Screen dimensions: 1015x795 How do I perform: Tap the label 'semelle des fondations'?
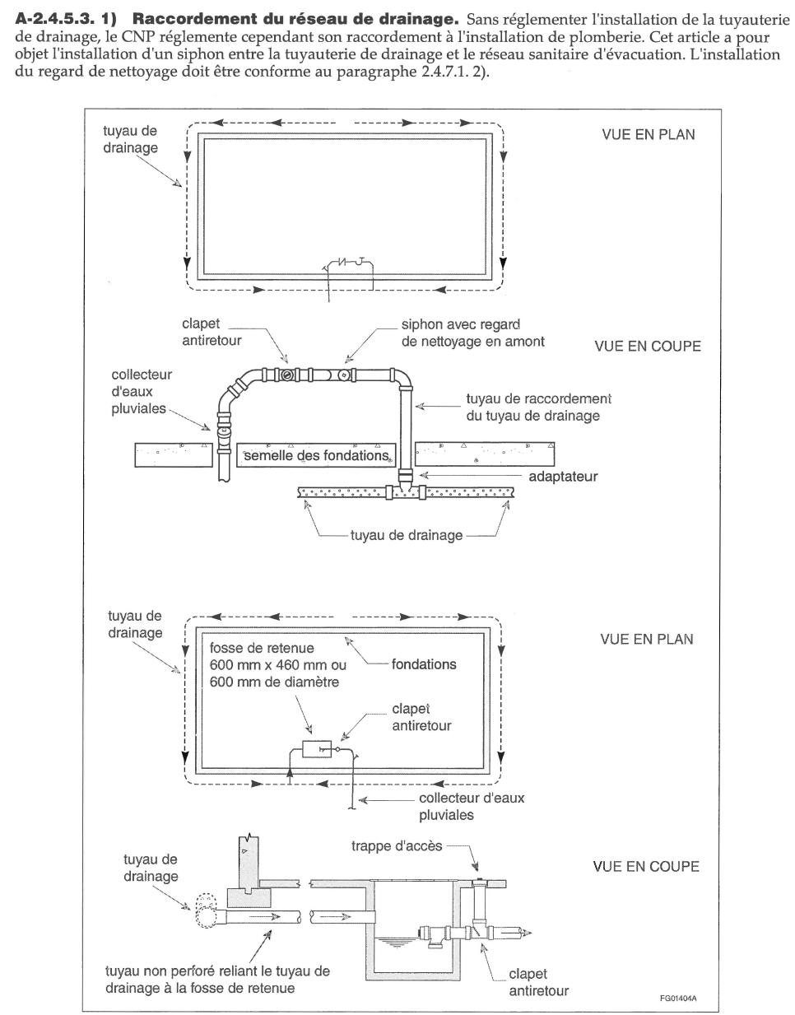tap(315, 455)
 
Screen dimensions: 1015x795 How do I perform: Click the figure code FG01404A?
tap(677, 999)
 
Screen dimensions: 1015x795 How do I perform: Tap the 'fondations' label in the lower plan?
tap(423, 663)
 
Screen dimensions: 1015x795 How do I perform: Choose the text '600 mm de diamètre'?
tap(274, 682)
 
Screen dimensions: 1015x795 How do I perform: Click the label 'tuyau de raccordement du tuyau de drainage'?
tap(537, 407)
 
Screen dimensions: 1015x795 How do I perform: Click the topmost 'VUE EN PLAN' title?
tap(648, 134)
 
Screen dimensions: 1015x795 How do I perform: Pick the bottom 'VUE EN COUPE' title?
tap(645, 866)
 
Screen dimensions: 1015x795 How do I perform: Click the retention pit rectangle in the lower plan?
tap(317, 749)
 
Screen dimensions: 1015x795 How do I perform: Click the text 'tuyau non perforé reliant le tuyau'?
tap(217, 971)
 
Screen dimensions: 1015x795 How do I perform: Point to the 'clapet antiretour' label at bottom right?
tap(538, 982)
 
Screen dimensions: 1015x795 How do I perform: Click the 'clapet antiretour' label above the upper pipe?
tap(212, 332)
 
